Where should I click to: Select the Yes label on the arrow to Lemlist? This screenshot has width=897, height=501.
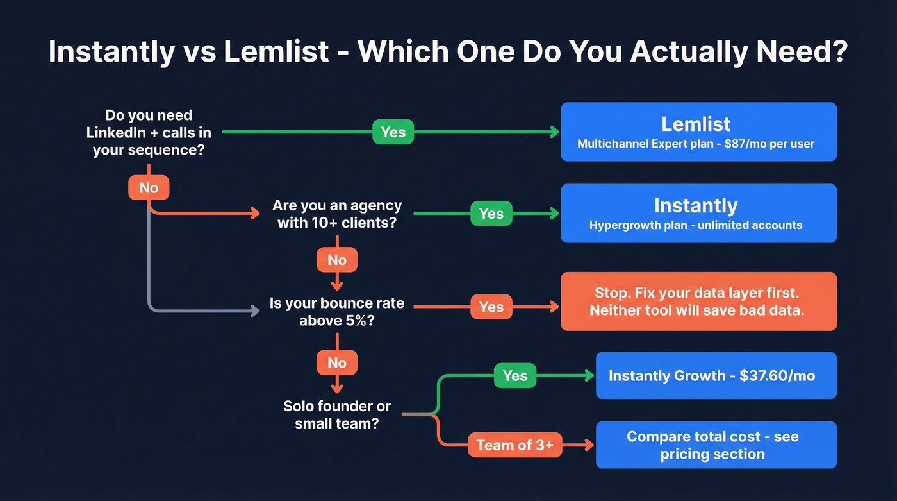coord(393,132)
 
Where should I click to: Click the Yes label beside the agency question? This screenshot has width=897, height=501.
coord(491,214)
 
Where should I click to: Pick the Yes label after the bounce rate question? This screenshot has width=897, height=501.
coord(491,307)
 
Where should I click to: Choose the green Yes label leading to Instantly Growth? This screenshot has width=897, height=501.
coord(514,376)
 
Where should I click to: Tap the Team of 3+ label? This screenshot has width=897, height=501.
coord(514,445)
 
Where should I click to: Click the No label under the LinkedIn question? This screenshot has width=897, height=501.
coord(149,187)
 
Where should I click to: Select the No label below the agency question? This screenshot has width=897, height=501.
coord(336,260)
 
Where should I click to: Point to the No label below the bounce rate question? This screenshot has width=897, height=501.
coord(336,363)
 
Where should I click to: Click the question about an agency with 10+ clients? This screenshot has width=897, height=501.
coord(336,214)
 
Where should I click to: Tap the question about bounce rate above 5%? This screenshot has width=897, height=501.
coord(336,311)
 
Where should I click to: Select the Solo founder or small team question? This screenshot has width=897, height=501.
coord(336,414)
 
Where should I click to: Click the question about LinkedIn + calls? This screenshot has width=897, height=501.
coord(149,133)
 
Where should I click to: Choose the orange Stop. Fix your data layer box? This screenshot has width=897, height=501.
coord(698,301)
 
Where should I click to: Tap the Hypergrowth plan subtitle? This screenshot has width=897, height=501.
coord(695,225)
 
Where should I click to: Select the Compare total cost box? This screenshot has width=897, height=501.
coord(716,445)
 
